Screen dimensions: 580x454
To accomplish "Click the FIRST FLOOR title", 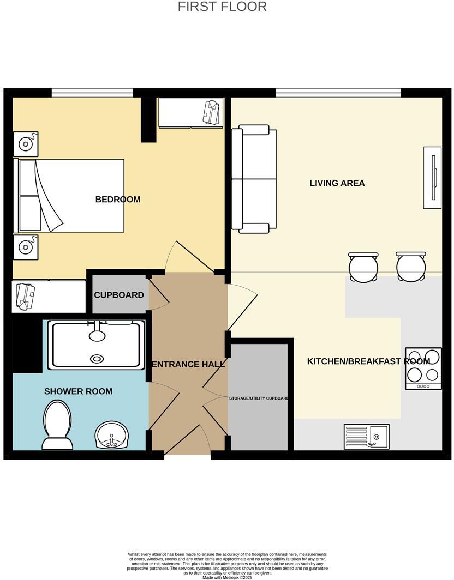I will (222, 7).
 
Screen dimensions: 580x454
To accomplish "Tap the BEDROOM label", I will (118, 200).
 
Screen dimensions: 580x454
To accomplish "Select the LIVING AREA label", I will (337, 183).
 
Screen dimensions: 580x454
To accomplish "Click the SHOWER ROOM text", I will (78, 391).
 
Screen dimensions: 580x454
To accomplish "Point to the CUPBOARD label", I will (119, 295).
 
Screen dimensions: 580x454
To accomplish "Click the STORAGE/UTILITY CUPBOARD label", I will (259, 398).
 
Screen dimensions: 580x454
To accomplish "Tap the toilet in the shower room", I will (57, 425).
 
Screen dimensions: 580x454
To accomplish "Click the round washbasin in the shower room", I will (112, 434).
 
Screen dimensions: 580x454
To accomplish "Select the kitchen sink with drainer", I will (366, 436).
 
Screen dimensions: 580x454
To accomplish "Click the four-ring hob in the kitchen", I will (423, 368).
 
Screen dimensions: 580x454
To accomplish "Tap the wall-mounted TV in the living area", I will (433, 177).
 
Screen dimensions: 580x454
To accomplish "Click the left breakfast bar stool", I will (363, 267).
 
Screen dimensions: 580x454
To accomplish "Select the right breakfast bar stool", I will (411, 267).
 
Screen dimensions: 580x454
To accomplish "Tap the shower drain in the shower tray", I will (97, 359).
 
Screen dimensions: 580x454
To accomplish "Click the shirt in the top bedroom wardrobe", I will (212, 112).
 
